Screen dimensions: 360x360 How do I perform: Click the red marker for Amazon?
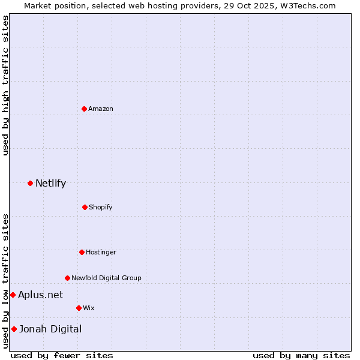(84, 109)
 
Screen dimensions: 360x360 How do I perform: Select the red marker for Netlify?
(30, 183)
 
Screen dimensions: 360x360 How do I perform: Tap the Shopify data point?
(85, 207)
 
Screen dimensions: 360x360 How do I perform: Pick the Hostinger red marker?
(82, 252)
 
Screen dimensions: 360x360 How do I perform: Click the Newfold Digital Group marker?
(67, 278)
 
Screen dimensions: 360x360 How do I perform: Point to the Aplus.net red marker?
(13, 295)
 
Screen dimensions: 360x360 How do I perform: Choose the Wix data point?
(79, 308)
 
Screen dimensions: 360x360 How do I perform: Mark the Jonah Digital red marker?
(14, 329)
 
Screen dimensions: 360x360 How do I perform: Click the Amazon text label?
(101, 109)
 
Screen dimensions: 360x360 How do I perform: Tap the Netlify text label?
(50, 183)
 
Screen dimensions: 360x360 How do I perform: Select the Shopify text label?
(101, 207)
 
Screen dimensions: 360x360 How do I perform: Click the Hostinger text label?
(101, 252)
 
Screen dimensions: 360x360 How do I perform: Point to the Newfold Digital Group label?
(106, 278)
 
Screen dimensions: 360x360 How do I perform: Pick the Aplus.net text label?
(40, 295)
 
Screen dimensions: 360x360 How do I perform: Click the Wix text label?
(89, 308)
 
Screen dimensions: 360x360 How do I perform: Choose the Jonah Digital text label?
(50, 329)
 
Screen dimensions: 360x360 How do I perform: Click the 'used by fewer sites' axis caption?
(62, 355)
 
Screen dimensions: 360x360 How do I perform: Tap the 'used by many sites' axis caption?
(301, 355)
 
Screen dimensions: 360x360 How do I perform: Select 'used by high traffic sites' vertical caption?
(5, 85)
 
